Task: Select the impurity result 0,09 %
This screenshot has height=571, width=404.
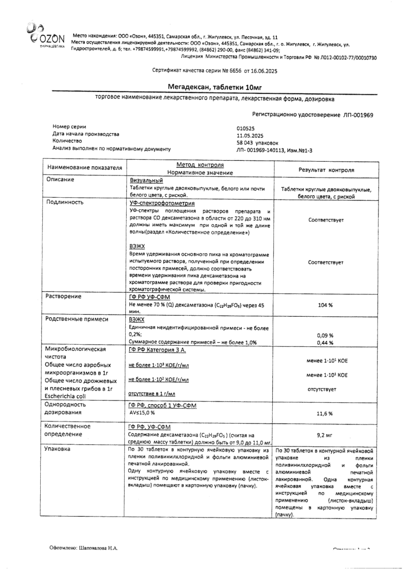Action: (325, 335)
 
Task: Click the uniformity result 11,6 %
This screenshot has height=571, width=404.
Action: (325, 413)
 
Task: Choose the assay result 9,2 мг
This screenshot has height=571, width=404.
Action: (325, 435)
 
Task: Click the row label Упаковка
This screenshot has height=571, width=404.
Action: (60, 449)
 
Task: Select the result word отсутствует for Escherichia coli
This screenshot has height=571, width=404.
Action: (325, 389)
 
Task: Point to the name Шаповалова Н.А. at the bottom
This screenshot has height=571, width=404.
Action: (98, 549)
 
